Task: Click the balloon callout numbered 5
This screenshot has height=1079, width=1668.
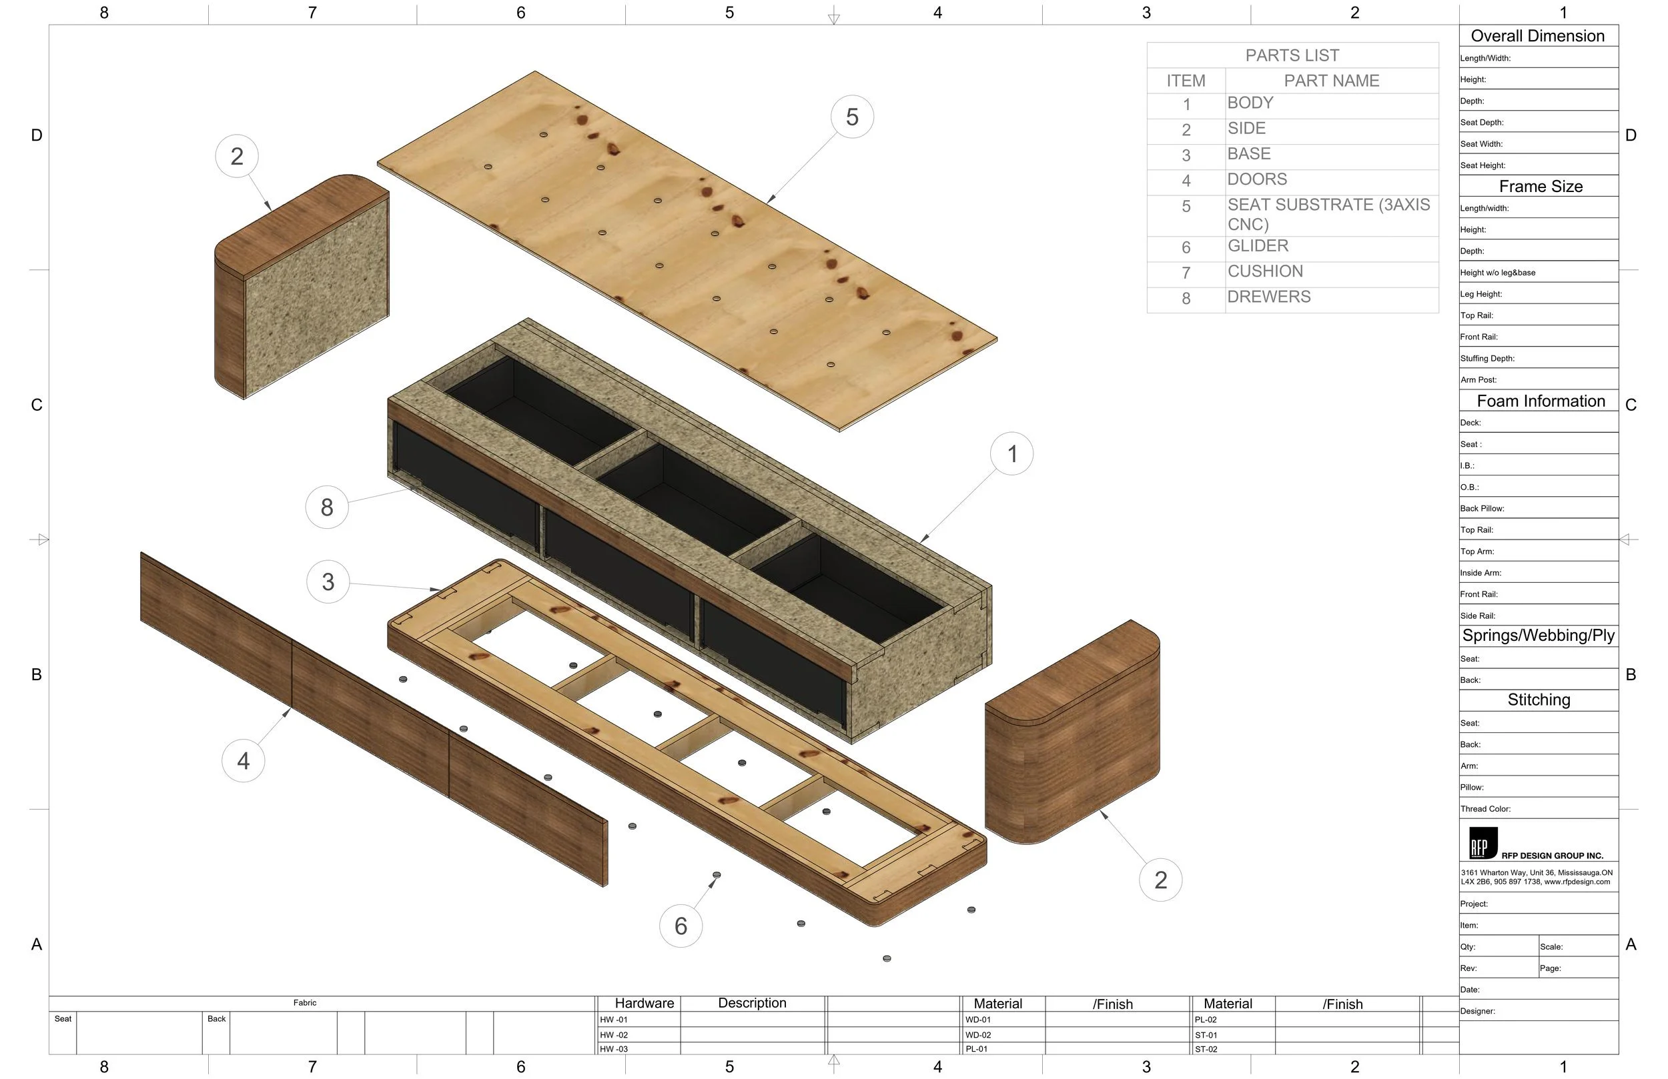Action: click(x=851, y=117)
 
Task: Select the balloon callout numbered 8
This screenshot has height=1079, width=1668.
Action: click(x=326, y=507)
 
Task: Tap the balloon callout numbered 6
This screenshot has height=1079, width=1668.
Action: click(x=681, y=926)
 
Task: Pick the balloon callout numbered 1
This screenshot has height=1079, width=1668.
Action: click(x=1011, y=454)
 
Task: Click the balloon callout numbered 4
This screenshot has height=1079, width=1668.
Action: click(x=243, y=761)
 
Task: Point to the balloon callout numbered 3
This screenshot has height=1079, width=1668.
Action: click(x=328, y=582)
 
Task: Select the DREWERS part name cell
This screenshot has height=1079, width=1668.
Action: click(x=1268, y=297)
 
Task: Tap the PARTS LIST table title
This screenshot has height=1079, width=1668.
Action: click(x=1292, y=55)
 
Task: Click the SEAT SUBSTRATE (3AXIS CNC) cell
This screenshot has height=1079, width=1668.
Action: click(x=1328, y=214)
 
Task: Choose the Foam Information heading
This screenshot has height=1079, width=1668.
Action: click(x=1541, y=401)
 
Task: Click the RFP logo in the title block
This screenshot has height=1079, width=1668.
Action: click(x=1483, y=843)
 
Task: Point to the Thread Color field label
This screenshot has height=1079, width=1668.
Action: click(x=1485, y=808)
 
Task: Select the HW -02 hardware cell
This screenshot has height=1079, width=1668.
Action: click(x=614, y=1035)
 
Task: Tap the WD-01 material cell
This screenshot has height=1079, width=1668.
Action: click(x=977, y=1020)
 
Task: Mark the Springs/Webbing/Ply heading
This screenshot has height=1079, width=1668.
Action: click(x=1539, y=636)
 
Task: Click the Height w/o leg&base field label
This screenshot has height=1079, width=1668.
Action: click(x=1498, y=273)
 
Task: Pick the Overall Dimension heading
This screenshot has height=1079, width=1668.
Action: click(x=1537, y=36)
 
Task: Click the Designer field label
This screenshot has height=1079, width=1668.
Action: click(x=1477, y=1011)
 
